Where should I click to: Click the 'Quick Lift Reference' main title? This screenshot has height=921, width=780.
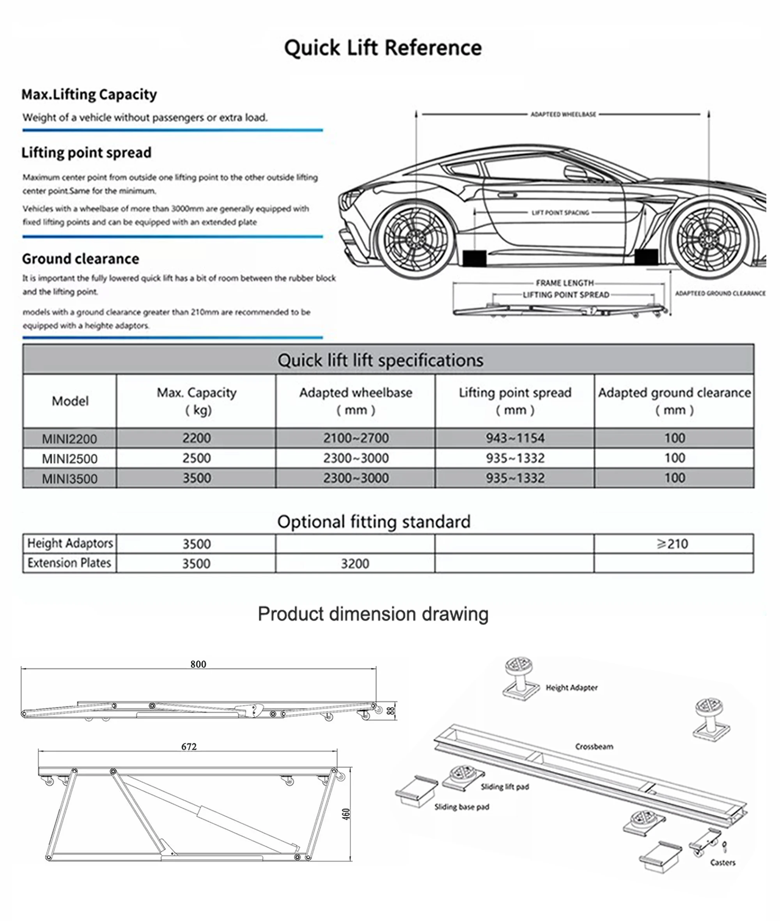click(383, 48)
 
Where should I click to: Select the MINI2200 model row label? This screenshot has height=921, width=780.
click(69, 439)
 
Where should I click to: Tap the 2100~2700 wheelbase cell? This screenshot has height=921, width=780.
click(356, 438)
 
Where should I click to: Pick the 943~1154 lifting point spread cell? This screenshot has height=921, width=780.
click(515, 438)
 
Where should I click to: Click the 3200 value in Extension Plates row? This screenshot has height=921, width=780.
click(355, 563)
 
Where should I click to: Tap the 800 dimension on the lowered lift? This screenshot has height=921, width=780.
click(198, 664)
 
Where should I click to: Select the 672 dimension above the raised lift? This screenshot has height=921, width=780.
click(189, 747)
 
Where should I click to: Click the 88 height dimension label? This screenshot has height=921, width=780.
click(390, 710)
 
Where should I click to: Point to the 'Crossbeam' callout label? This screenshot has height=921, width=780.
click(594, 747)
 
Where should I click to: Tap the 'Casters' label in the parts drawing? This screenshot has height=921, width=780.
click(723, 862)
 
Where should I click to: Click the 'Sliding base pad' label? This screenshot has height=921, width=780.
click(462, 807)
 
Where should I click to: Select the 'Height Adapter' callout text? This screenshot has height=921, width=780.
click(571, 687)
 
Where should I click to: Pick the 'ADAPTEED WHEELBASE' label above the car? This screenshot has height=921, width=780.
click(563, 114)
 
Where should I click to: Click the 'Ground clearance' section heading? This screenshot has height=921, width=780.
click(80, 259)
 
